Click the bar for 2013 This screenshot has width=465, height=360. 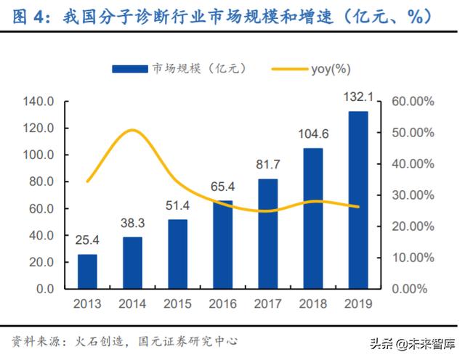87,271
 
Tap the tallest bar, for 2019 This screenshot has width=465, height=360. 357,200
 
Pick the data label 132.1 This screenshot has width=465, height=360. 357,96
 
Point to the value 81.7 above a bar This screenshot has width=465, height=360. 267,165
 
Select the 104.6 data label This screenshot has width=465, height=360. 312,134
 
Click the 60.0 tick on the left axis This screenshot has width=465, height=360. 41,209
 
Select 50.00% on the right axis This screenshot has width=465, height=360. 412,133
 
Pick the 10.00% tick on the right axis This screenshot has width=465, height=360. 412,258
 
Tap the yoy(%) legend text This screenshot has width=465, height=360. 332,69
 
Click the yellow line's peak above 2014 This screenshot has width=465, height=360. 132,131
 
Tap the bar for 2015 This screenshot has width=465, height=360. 177,254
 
